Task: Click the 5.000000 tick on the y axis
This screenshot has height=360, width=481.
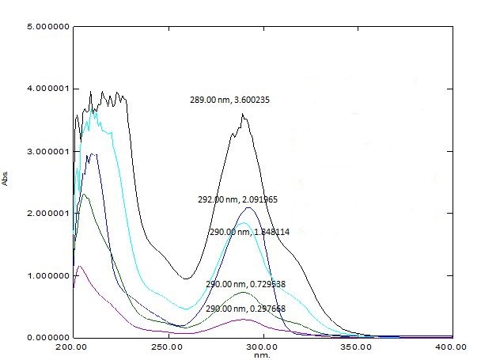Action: pos(48,26)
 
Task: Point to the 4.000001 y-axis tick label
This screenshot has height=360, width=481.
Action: pos(48,89)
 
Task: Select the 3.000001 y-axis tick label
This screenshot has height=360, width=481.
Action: pos(48,151)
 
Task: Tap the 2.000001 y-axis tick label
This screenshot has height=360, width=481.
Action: pos(48,214)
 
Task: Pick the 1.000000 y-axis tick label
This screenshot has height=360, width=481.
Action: pos(48,275)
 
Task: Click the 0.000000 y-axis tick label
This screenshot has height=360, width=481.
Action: pos(48,338)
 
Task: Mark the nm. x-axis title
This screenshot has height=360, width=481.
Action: pos(263,355)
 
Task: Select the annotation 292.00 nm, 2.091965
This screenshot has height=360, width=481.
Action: pos(237,200)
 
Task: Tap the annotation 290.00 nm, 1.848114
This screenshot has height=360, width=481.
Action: pos(248,233)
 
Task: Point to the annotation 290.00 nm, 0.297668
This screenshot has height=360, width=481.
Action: pos(245,308)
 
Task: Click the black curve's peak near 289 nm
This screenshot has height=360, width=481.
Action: pos(243,115)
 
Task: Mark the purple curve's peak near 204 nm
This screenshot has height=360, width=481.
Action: pos(80,267)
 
